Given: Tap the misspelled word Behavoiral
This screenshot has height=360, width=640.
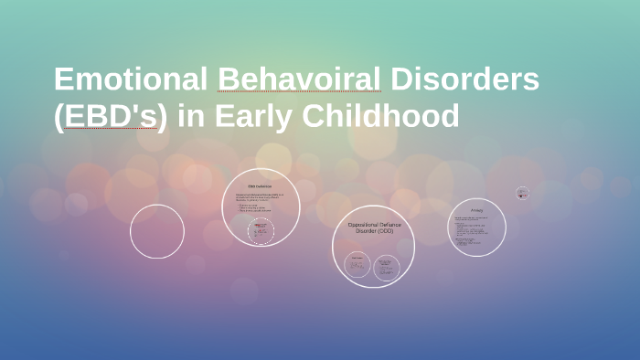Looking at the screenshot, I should [x=298, y=80].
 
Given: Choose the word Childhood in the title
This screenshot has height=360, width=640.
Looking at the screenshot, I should [x=385, y=117].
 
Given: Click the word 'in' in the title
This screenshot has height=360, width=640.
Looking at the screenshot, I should [x=187, y=117].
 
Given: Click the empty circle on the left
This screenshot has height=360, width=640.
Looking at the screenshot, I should [x=156, y=231].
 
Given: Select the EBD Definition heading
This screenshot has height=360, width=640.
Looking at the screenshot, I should [x=260, y=186].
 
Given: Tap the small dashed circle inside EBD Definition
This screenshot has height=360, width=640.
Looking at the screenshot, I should [x=262, y=230].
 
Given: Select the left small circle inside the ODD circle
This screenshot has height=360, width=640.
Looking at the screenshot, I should [x=357, y=265].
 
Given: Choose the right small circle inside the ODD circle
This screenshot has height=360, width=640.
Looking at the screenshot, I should [x=388, y=266].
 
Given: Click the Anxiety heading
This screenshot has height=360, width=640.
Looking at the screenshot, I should [x=476, y=211].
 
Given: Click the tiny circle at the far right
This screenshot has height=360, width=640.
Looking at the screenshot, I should [x=522, y=193].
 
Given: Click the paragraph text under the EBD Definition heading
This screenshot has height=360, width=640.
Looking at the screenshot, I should [x=260, y=197].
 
